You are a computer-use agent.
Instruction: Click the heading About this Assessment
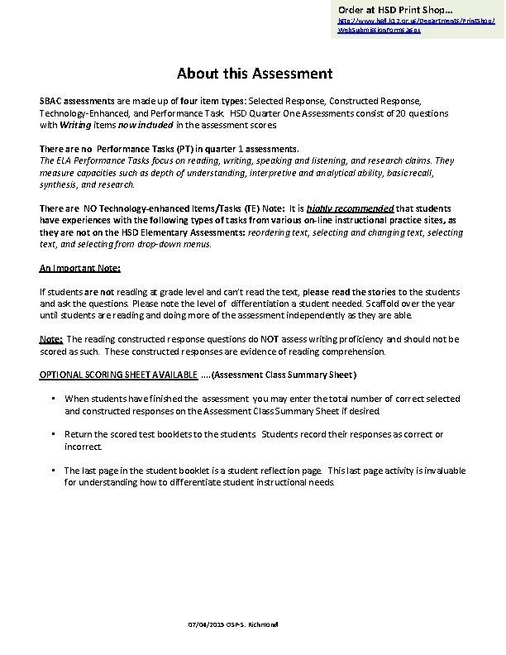pyautogui.click(x=254, y=74)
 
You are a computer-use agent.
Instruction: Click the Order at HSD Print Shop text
pyautogui.click(x=384, y=8)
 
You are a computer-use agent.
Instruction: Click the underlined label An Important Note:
pyautogui.click(x=80, y=268)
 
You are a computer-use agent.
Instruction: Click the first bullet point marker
pyautogui.click(x=53, y=399)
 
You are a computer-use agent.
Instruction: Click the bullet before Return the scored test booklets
pyautogui.click(x=53, y=434)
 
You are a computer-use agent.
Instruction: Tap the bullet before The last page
pyautogui.click(x=53, y=471)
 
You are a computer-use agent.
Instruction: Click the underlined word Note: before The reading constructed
pyautogui.click(x=51, y=339)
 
